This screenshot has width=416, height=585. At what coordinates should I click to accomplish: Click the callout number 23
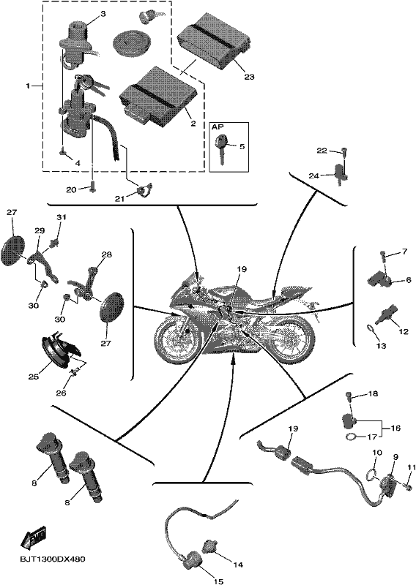pyautogui.click(x=249, y=77)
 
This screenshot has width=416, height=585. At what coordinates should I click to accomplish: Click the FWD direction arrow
pyautogui.click(x=33, y=537)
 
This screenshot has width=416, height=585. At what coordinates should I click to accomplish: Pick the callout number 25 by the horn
pyautogui.click(x=34, y=377)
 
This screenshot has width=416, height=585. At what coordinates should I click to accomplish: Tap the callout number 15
pyautogui.click(x=218, y=581)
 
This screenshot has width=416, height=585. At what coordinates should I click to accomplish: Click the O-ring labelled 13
pyautogui.click(x=371, y=328)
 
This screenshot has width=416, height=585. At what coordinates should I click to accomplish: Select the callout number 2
pyautogui.click(x=193, y=124)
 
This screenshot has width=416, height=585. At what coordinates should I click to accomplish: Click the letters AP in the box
pyautogui.click(x=218, y=127)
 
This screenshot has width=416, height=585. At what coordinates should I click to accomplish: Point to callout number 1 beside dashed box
pyautogui.click(x=28, y=86)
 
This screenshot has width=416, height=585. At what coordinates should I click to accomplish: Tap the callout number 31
pyautogui.click(x=62, y=216)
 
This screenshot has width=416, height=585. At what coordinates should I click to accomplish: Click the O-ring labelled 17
pyautogui.click(x=352, y=437)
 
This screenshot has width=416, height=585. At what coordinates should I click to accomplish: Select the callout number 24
pyautogui.click(x=314, y=175)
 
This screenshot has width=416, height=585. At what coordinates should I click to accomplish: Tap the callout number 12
pyautogui.click(x=404, y=331)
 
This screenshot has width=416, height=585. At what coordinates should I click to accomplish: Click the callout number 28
pyautogui.click(x=106, y=254)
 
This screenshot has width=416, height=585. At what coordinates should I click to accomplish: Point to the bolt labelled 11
pyautogui.click(x=409, y=486)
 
